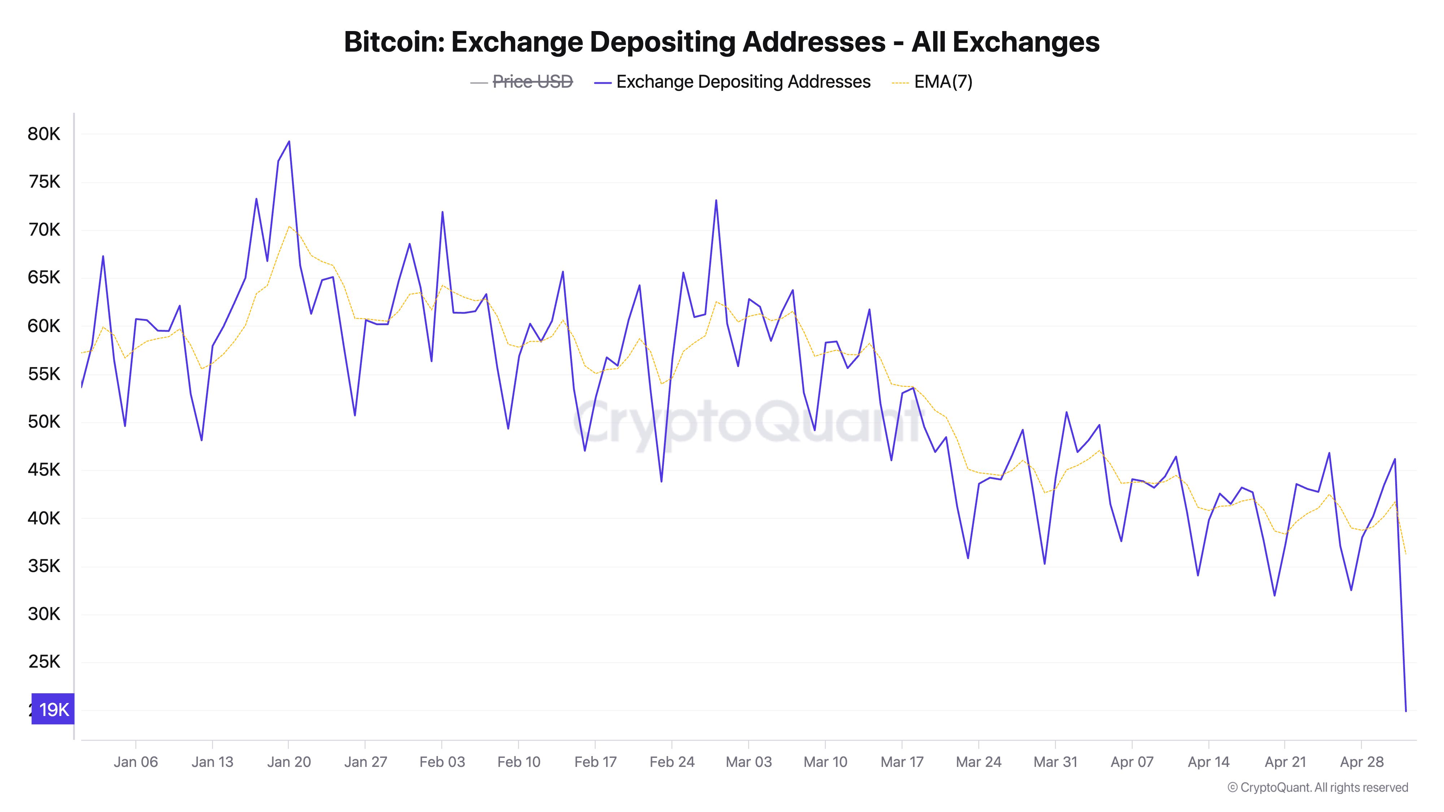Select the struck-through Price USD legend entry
click(x=532, y=82)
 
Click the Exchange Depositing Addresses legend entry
click(x=743, y=82)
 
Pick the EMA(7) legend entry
click(x=943, y=82)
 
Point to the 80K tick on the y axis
click(x=44, y=134)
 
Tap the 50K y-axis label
click(x=44, y=422)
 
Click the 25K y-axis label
click(x=44, y=662)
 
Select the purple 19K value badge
click(x=53, y=710)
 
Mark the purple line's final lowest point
click(x=1406, y=711)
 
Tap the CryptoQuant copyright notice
click(x=1317, y=787)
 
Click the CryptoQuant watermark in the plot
click(x=745, y=420)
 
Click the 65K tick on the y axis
click(x=44, y=278)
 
